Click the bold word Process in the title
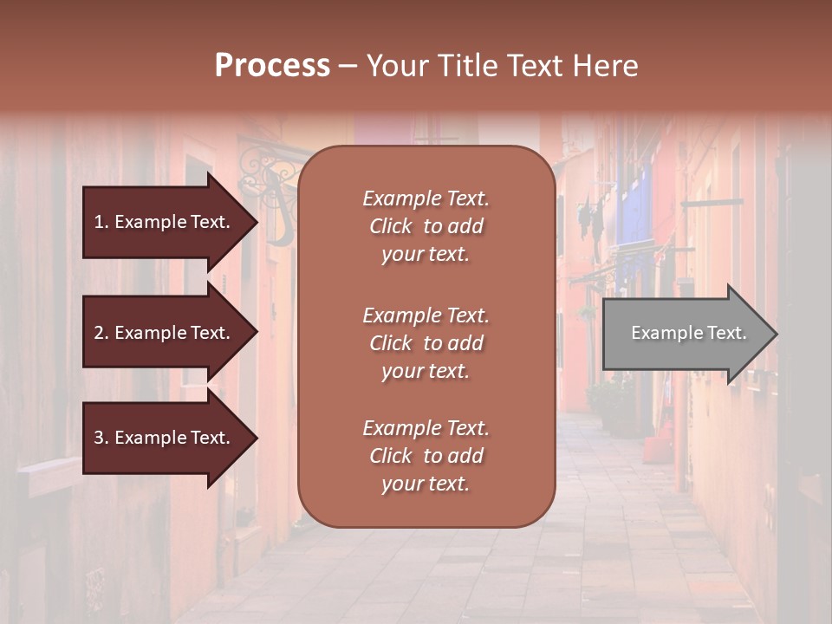272,66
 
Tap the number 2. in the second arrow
101,333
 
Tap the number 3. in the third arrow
101,439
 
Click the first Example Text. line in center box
426,198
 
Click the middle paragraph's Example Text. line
426,315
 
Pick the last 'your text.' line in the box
426,484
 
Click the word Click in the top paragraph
391,226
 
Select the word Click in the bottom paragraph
391,456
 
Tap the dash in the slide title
348,67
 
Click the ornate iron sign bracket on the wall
264,173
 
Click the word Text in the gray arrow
726,333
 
